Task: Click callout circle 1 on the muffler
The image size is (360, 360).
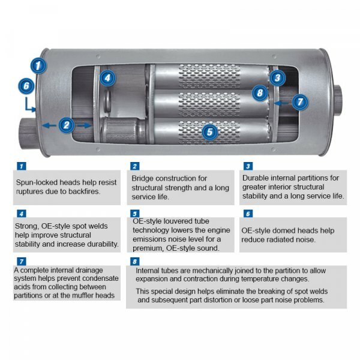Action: pos(39,64)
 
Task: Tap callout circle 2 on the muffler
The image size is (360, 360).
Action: pos(67,125)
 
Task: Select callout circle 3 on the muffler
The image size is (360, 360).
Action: pos(277,77)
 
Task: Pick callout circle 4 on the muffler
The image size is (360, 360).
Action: pos(106,77)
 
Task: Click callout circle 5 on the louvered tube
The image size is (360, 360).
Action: pos(208,131)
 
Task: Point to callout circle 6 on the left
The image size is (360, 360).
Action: pos(26,86)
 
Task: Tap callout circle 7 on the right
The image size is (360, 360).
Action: pos(300,102)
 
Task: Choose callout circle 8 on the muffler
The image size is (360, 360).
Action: pos(259,93)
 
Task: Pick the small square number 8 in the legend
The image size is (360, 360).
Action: pos(134,261)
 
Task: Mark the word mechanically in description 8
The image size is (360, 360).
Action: pos(214,270)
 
